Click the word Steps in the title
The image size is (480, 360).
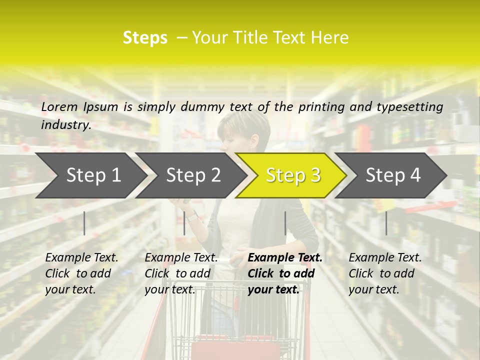(145, 38)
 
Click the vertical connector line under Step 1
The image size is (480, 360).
(84, 223)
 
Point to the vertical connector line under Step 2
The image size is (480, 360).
(184, 223)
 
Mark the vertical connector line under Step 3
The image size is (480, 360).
(285, 223)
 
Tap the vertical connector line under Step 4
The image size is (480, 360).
(386, 223)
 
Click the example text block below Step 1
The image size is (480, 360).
(81, 273)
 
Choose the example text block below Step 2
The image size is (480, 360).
(181, 273)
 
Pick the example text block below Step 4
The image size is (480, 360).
(385, 273)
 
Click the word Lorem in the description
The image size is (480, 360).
(59, 106)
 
